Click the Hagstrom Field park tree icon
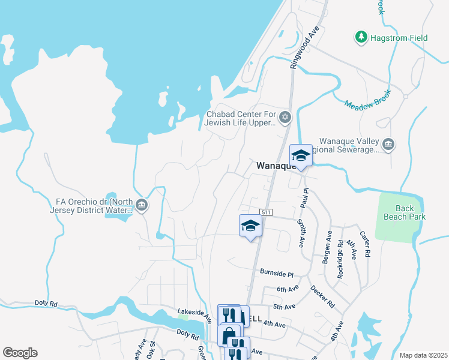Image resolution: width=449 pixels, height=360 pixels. click(x=361, y=38)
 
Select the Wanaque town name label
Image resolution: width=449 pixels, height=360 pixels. click(x=274, y=165)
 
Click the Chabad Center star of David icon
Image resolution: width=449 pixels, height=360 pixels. click(x=286, y=116)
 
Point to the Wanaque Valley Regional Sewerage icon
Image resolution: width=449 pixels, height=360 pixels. click(x=388, y=144)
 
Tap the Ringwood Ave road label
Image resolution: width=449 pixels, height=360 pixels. click(x=305, y=47)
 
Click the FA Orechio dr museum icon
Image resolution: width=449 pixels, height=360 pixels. click(x=142, y=205)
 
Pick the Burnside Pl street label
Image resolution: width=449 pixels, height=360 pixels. click(x=276, y=273)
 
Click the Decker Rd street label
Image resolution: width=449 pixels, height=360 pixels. click(x=322, y=296)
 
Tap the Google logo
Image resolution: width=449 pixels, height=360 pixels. click(x=20, y=353)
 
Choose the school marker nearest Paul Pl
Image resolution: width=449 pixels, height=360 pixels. click(x=301, y=156)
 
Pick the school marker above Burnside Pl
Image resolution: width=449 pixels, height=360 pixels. click(x=250, y=226)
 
